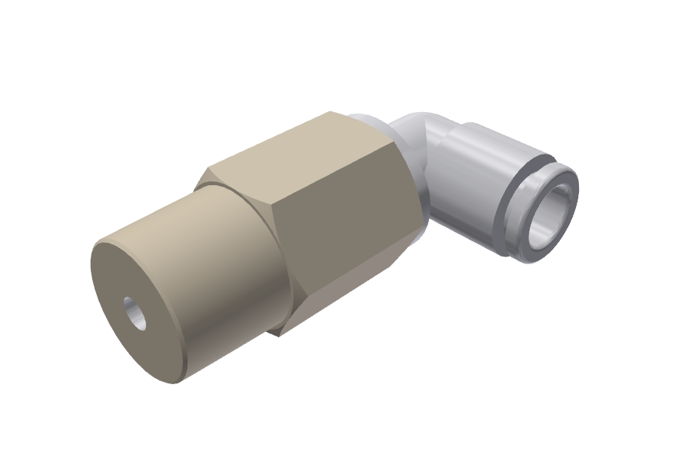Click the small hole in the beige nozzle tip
click(x=136, y=313)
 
